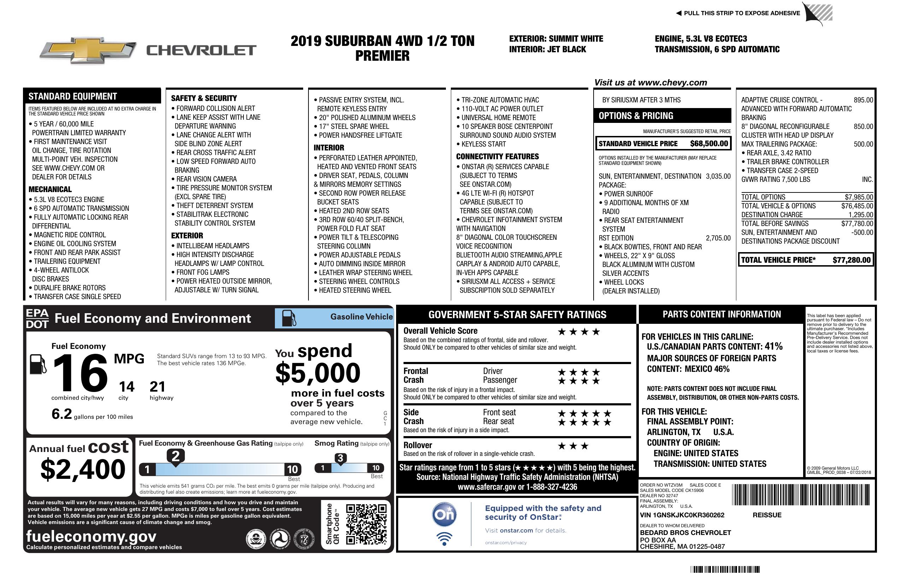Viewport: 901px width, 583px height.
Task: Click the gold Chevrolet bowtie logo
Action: [x=88, y=50]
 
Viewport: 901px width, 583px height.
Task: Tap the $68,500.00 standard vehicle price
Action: [x=709, y=144]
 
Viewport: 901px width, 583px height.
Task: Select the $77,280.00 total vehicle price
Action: [x=852, y=260]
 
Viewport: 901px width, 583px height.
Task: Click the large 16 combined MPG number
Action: [x=80, y=373]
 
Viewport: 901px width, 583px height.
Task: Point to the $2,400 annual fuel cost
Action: [x=83, y=469]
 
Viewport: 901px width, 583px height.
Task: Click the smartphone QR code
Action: [x=366, y=524]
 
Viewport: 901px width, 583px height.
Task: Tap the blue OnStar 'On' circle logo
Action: [x=444, y=514]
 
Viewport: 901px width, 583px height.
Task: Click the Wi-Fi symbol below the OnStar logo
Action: [x=444, y=539]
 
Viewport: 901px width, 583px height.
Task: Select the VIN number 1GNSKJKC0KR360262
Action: [x=682, y=515]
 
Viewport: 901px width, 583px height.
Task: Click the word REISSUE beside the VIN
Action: [x=767, y=515]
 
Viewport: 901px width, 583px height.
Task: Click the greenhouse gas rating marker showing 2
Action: [x=176, y=456]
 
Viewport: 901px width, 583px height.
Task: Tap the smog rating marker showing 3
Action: [x=340, y=458]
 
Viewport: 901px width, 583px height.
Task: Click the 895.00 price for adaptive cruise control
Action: [x=863, y=100]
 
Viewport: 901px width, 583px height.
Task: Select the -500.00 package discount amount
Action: [x=862, y=232]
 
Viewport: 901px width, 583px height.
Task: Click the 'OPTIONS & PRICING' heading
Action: [x=636, y=116]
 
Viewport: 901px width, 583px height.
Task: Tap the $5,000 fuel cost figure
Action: [x=318, y=373]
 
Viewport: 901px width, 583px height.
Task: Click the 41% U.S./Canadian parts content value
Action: [x=773, y=346]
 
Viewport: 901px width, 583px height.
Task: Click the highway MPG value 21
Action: [x=157, y=387]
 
